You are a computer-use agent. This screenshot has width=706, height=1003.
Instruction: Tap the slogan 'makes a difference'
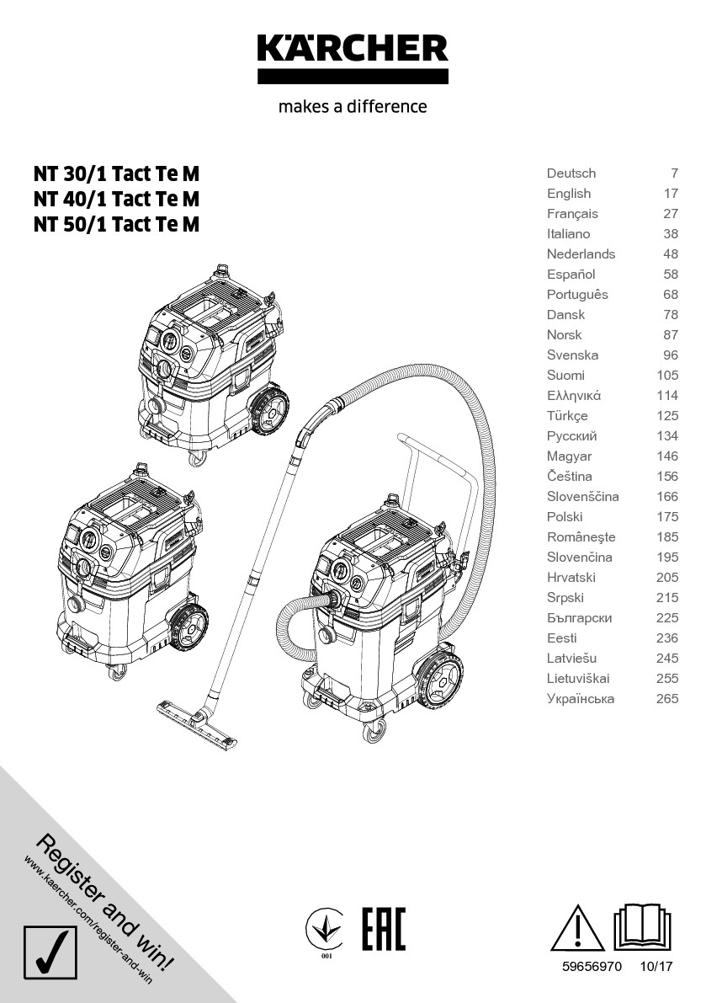pos(353,107)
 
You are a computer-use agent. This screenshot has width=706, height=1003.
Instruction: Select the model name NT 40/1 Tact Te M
pos(117,200)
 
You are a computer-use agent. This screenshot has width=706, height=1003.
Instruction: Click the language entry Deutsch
pos(571,173)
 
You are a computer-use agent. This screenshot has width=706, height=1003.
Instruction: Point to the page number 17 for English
pos(671,194)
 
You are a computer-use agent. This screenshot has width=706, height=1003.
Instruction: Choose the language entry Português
pos(577,295)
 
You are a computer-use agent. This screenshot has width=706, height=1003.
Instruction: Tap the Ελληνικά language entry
pos(574,396)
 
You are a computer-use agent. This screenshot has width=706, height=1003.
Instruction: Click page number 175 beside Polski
pos(667,517)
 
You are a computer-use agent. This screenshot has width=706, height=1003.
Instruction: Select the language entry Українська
pos(581,699)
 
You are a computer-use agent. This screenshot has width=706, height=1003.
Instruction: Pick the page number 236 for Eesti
pos(667,638)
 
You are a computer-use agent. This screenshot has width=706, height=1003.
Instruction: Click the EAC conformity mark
pos(384,929)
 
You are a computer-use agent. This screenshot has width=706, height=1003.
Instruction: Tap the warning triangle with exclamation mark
pos(577,928)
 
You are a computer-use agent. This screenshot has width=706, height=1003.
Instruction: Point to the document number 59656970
pos(592,968)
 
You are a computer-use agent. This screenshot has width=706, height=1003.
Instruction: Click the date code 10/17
pos(658,968)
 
